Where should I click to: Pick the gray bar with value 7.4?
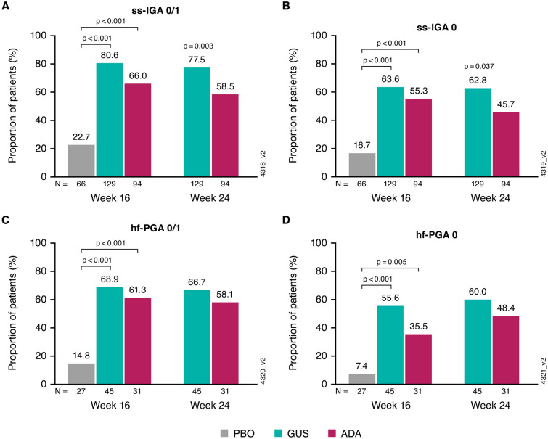(x=361, y=379)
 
